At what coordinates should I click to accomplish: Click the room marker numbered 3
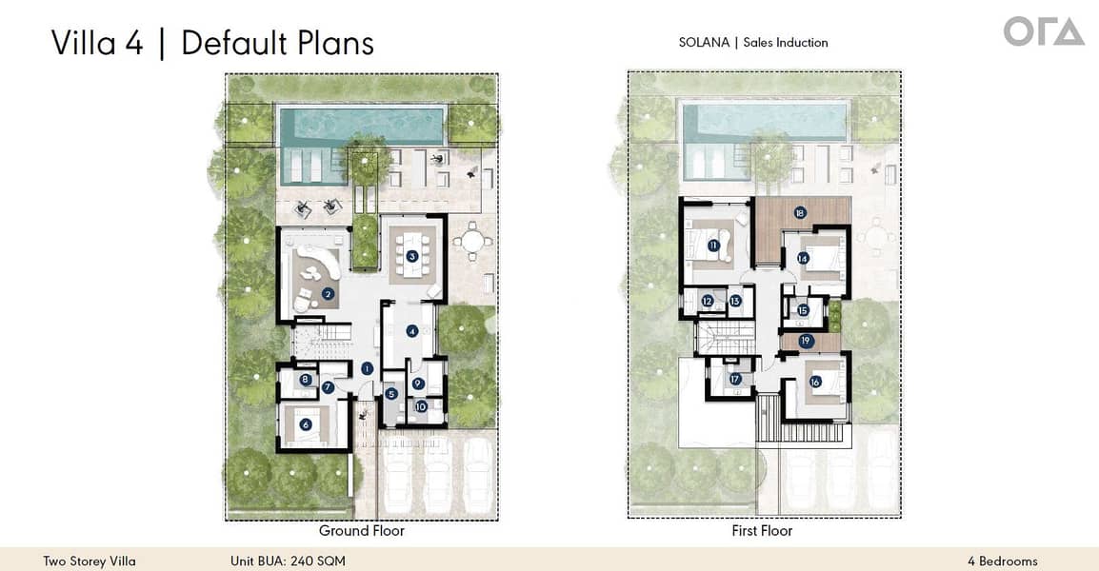(x=412, y=256)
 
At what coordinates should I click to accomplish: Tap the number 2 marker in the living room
(x=328, y=294)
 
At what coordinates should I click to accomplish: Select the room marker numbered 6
(x=306, y=423)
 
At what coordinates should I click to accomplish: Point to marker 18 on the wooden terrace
(x=800, y=212)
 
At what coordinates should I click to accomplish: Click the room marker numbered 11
(x=713, y=246)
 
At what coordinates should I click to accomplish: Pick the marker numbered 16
(x=815, y=382)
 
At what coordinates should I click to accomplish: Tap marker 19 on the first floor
(x=806, y=342)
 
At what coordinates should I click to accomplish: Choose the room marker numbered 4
(x=412, y=330)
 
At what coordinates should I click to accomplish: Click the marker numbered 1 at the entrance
(x=367, y=368)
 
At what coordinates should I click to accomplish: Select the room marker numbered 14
(x=803, y=259)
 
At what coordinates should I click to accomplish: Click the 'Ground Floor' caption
(x=362, y=531)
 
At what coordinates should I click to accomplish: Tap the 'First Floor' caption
(x=762, y=531)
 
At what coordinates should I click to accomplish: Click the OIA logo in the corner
(x=1044, y=32)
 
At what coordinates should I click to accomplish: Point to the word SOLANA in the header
(x=704, y=42)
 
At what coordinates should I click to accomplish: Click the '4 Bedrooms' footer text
(x=1002, y=561)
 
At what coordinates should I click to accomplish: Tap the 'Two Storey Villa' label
(x=89, y=561)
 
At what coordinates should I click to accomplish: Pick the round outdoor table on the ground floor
(x=471, y=242)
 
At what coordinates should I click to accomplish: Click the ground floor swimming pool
(x=362, y=127)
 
